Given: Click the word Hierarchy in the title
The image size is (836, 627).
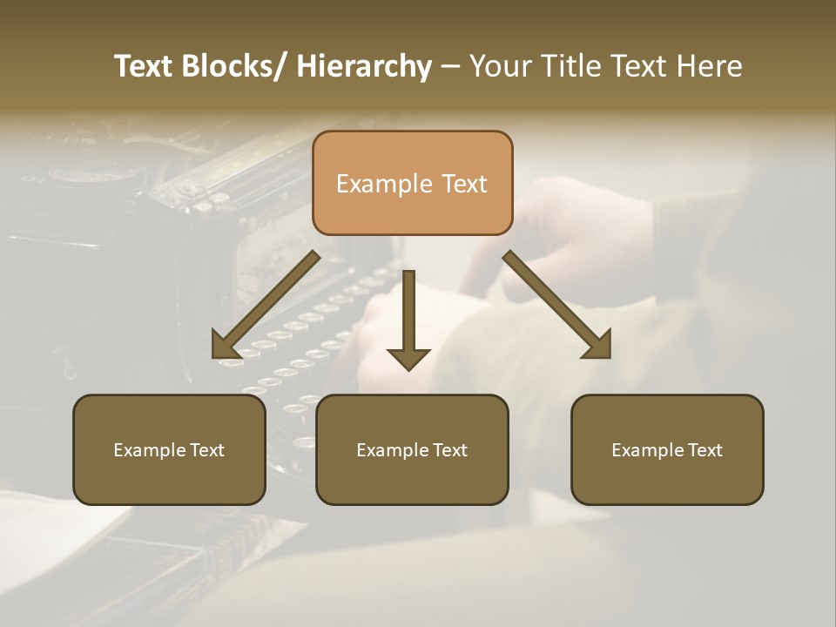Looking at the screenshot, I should pos(364,66).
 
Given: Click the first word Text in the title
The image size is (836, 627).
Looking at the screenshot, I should pos(145,66).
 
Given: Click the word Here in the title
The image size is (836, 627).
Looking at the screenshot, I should pos(709,66).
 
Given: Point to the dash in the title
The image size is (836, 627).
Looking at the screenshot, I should pos(450,67).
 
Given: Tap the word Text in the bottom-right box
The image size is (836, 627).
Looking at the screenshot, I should pos(705,450).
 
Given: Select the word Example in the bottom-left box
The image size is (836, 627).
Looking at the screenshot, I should pos(149,450).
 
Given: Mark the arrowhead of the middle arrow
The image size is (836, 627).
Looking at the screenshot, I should pos(408,357).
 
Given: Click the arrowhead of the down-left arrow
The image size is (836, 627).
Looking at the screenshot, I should pos(226,346).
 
